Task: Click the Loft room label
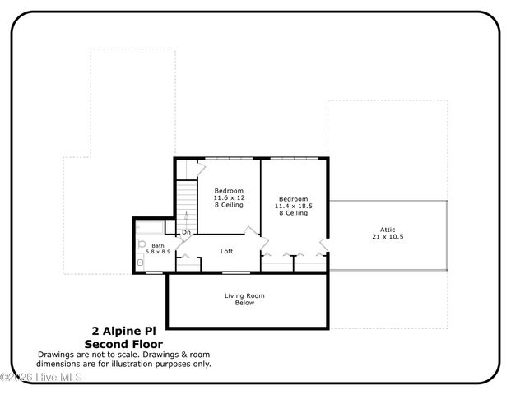tap(227, 251)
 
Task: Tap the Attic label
tap(388, 230)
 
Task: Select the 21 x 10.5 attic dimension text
tap(388, 237)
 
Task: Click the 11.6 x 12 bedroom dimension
tap(229, 197)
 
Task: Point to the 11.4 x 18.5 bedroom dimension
tap(293, 206)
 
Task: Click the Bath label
tap(157, 244)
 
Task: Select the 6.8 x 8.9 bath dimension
tap(157, 251)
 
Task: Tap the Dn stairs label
tap(187, 233)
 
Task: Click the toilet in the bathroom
tap(142, 245)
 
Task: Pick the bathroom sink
tap(141, 263)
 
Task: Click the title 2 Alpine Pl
tap(123, 331)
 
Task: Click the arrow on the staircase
tap(188, 219)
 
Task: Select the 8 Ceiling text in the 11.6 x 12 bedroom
tap(229, 205)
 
